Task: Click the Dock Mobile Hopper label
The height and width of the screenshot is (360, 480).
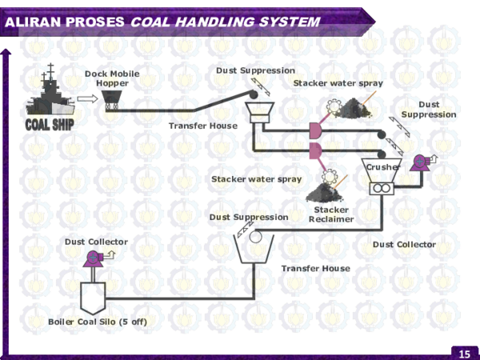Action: tap(112, 78)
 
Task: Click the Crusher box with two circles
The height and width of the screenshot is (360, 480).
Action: tap(382, 186)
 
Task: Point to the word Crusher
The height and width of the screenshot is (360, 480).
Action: tap(382, 167)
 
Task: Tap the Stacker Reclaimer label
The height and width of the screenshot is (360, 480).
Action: tap(330, 214)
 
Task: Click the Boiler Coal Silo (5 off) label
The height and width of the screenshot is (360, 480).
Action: tap(98, 322)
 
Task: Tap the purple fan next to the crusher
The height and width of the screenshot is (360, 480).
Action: tap(419, 162)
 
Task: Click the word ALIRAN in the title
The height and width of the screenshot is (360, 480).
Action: tap(33, 22)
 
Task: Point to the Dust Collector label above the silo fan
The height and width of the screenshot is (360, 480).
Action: tap(96, 242)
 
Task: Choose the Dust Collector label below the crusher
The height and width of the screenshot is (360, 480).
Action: tap(404, 244)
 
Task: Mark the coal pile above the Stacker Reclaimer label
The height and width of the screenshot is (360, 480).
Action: tap(323, 193)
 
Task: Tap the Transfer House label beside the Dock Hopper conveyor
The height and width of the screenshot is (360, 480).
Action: tap(202, 126)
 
